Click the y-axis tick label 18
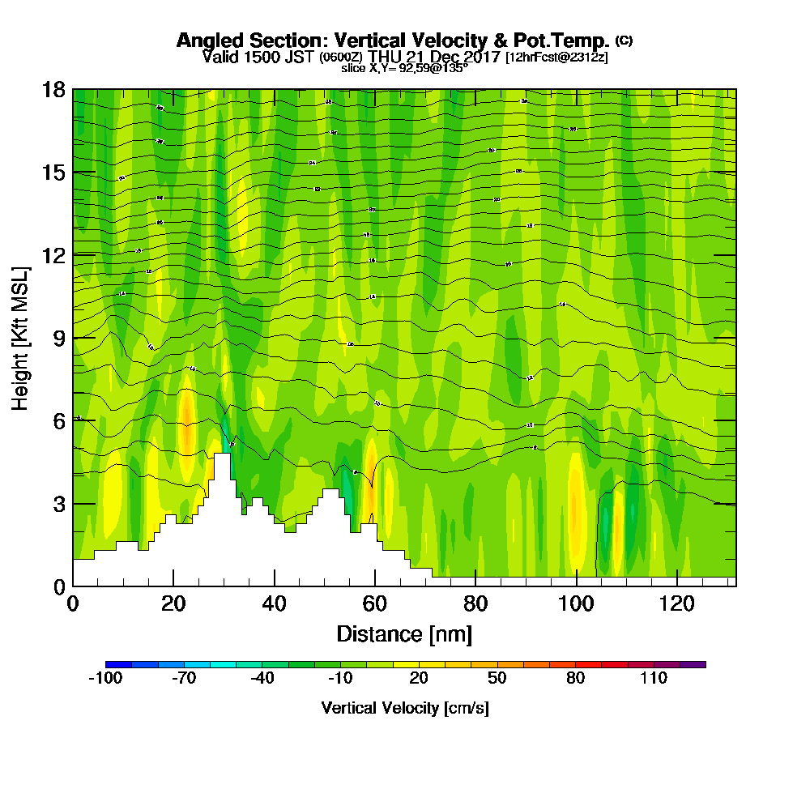click(x=53, y=89)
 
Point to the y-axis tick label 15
click(x=53, y=173)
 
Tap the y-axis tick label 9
click(x=59, y=338)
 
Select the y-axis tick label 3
click(x=59, y=503)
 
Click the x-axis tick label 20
click(x=173, y=603)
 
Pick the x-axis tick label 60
click(x=375, y=603)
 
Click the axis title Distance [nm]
click(x=404, y=633)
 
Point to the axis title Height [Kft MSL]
click(x=22, y=337)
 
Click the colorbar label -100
click(x=104, y=679)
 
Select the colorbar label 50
click(x=497, y=679)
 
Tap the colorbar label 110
click(x=654, y=679)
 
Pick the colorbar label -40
click(x=262, y=679)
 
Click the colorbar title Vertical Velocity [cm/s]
click(x=404, y=708)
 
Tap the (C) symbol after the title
click(x=624, y=40)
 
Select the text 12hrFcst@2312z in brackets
click(x=556, y=58)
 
